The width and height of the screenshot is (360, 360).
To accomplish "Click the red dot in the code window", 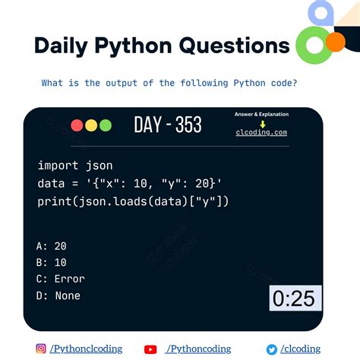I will click(77, 125).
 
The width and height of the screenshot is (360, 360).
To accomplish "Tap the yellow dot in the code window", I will click(90, 125).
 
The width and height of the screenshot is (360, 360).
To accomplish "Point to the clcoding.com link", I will click(261, 132).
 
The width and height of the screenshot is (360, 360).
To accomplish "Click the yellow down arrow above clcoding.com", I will click(261, 122).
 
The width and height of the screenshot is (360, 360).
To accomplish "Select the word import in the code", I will click(56, 165).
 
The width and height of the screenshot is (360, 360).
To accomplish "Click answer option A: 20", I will click(52, 245).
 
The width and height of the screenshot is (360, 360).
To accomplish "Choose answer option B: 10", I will click(52, 262).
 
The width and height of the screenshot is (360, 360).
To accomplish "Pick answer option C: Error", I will click(61, 279).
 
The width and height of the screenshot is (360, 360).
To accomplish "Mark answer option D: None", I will click(58, 295).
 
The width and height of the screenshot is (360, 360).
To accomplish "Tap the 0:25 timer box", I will click(293, 298).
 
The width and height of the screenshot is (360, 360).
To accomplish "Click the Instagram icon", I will click(40, 349).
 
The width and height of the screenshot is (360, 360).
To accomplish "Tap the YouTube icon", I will click(150, 349).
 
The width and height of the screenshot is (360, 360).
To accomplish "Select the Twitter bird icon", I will click(271, 349).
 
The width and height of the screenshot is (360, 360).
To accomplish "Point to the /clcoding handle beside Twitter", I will click(300, 349).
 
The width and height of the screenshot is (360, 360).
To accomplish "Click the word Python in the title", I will click(135, 45).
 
